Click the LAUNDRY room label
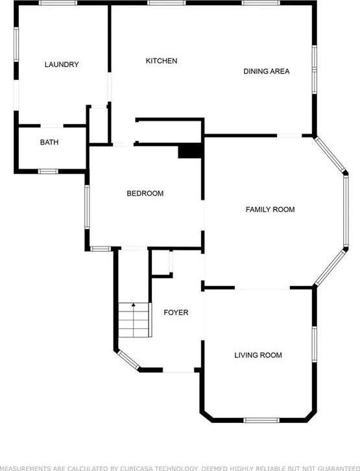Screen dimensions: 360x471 tap(62, 64)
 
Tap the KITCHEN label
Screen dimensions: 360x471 tap(162, 61)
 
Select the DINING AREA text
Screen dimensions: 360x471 tap(267, 71)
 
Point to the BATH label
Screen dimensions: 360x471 tap(49, 142)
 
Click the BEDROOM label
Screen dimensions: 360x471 tap(145, 193)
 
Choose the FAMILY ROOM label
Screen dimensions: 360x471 tap(270, 210)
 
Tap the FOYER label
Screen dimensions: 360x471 tap(176, 313)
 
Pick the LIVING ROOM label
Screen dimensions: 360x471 tap(258, 355)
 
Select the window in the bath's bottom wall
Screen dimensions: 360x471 tap(48, 171)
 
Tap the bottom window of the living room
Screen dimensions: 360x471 tap(261, 420)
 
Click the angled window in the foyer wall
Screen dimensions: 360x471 tap(128, 360)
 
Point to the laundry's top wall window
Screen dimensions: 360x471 tap(58, 3)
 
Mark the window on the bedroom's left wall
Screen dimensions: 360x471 tap(87, 207)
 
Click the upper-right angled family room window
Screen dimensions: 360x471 tap(330, 154)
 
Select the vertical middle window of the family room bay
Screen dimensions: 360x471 tap(346, 211)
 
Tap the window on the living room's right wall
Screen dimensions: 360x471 tap(315, 344)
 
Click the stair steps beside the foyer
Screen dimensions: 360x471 tap(134, 320)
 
